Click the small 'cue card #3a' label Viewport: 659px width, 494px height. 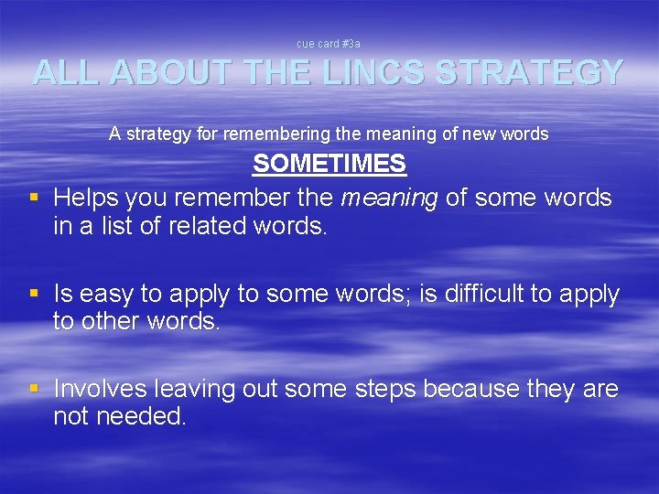329,43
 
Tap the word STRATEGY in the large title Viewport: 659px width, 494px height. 530,72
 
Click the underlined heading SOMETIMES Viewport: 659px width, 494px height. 329,165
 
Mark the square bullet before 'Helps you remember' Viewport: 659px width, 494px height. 34,197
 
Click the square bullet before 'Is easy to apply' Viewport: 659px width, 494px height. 34,294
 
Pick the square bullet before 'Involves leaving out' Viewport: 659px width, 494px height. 34,389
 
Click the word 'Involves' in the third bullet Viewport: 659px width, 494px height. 100,389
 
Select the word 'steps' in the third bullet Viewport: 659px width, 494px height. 376,390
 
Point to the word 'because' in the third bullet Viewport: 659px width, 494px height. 472,389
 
